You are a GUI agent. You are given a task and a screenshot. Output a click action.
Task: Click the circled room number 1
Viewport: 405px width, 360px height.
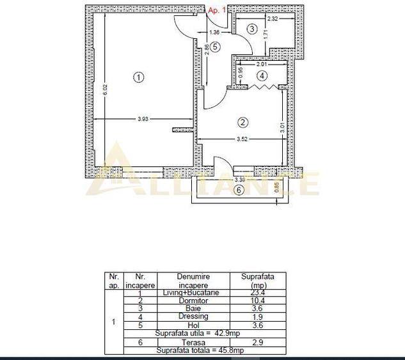point(138,77)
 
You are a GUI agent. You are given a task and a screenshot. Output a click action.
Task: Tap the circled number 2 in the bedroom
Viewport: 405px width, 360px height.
point(242,122)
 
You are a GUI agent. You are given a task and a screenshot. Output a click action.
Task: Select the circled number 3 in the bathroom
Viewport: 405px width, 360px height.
point(252,29)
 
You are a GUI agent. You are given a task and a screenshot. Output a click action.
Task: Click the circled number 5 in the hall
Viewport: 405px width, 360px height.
point(216,46)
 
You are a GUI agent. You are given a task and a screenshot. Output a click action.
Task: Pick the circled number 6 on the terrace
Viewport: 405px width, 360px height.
point(239,190)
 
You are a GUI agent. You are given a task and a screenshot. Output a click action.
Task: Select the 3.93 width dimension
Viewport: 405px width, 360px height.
point(142,117)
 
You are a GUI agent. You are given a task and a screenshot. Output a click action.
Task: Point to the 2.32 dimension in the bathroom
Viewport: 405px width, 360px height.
point(273,19)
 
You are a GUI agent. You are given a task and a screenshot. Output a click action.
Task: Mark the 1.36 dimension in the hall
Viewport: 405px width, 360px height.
point(215,32)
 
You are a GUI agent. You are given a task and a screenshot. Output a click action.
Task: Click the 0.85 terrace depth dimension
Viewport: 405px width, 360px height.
point(276,187)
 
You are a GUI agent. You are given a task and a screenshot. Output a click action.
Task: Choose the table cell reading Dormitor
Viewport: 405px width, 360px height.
point(194,300)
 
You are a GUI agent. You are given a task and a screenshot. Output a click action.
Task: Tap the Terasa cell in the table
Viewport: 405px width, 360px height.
point(194,343)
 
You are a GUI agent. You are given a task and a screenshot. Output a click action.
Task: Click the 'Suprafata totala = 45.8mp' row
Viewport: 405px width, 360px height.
point(194,350)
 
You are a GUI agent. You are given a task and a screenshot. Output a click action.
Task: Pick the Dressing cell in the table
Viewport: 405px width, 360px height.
point(194,317)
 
